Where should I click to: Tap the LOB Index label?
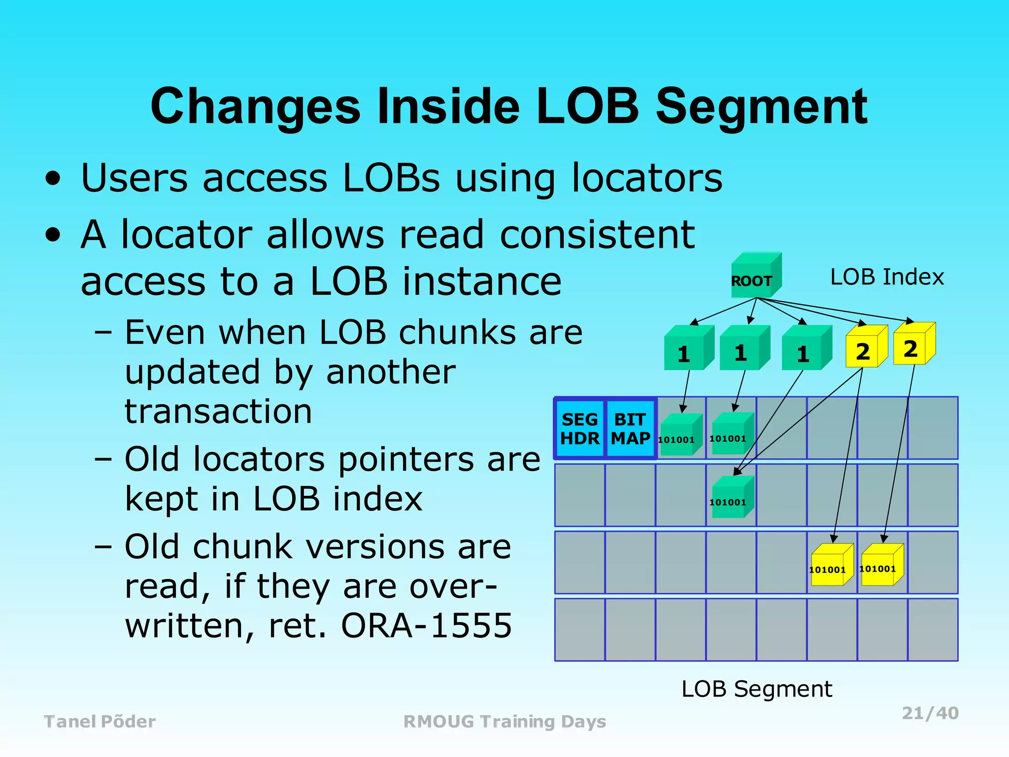886,277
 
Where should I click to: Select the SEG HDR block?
580,429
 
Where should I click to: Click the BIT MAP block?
630,429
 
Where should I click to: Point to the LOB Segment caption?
756,688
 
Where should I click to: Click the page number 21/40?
930,713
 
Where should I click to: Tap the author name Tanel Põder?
100,722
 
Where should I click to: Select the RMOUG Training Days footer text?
504,722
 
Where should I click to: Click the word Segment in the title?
761,107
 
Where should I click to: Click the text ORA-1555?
426,626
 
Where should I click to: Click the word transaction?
218,412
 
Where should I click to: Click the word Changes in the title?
255,107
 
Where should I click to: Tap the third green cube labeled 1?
805,350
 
